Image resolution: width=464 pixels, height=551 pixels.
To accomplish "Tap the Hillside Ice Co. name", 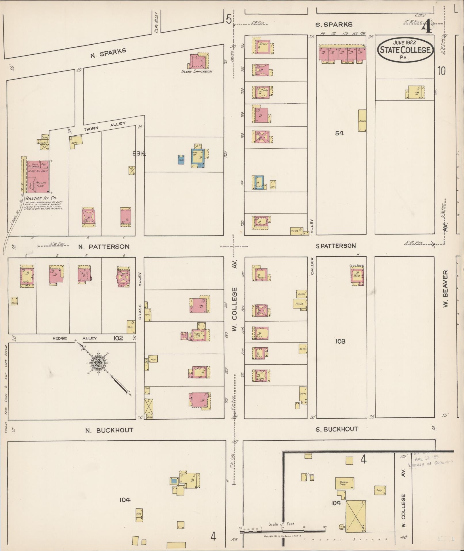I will (41, 198).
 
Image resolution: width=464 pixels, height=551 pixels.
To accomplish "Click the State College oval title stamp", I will (405, 50).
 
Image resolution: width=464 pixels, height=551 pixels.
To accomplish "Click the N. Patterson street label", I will (104, 247).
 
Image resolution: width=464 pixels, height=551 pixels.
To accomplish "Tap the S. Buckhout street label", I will (337, 429).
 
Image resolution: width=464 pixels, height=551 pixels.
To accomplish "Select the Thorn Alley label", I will (105, 126).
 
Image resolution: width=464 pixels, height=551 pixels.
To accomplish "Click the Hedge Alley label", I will (75, 338).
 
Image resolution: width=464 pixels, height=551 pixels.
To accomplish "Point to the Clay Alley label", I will (156, 22).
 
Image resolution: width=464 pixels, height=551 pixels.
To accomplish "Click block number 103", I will (340, 341).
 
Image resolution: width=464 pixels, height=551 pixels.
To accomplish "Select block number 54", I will (339, 133).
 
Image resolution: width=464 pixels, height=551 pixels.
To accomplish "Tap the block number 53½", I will (139, 154).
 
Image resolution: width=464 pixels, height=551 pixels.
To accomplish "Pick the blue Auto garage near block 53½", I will (181, 160).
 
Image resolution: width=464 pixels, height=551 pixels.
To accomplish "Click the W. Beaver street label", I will (446, 288).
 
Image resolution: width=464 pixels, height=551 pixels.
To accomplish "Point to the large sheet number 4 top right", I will (427, 28).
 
